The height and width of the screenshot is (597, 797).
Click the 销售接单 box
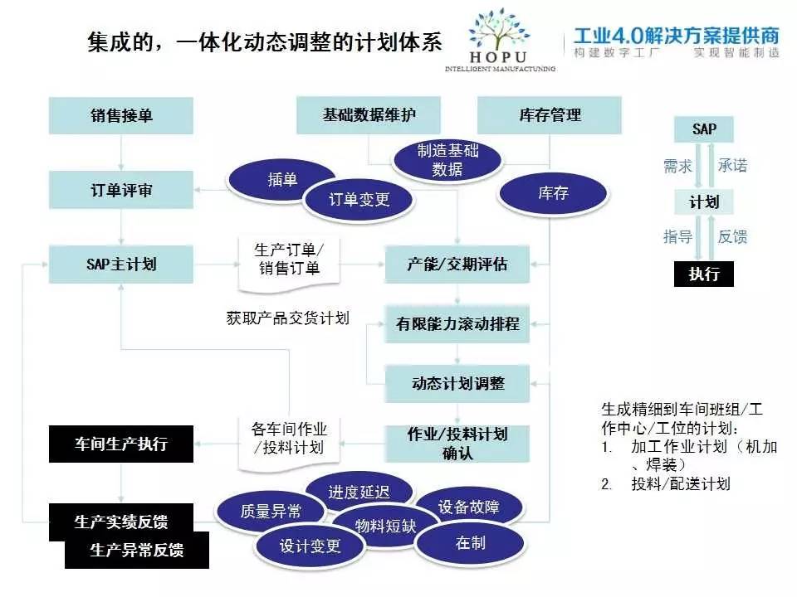point(121,116)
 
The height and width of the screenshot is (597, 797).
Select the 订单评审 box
point(121,190)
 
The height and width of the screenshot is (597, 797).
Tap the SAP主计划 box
point(121,265)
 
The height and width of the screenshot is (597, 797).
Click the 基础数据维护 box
point(369,115)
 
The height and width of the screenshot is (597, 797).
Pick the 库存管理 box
point(550,115)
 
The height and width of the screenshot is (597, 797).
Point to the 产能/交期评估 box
point(457,265)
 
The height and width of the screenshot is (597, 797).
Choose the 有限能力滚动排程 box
point(457,324)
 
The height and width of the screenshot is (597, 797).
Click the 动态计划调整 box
point(457,384)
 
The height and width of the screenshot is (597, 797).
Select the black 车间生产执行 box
point(121,444)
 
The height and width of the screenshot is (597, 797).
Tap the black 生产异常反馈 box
point(137,551)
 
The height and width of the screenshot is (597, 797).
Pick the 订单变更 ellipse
point(359,199)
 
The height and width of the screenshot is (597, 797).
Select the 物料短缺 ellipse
point(385,526)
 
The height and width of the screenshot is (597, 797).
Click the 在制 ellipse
point(471,543)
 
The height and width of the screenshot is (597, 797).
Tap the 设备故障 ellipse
point(468,507)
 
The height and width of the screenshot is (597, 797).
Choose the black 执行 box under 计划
point(703,274)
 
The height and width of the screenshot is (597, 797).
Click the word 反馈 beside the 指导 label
point(732,237)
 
